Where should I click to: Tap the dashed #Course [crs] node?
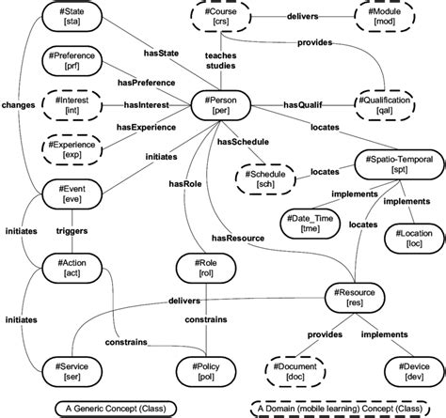click(223, 18)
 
